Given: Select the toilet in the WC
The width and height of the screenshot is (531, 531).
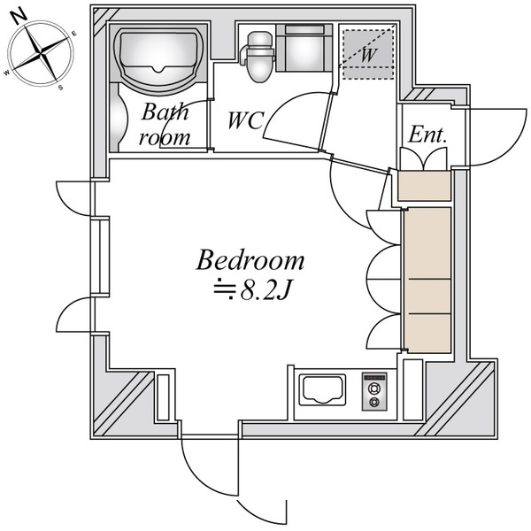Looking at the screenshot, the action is point(259,57).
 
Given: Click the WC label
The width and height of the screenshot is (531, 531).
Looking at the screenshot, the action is point(245,120).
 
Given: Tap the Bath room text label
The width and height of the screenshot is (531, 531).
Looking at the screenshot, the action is point(165,125).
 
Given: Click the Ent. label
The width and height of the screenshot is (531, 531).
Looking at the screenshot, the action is point(427,135).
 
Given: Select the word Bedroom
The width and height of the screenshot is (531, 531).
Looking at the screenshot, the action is point(250,261).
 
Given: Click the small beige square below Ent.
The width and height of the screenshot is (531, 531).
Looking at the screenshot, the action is point(424,186).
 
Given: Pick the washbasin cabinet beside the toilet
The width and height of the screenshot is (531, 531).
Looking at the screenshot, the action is point(303,50).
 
